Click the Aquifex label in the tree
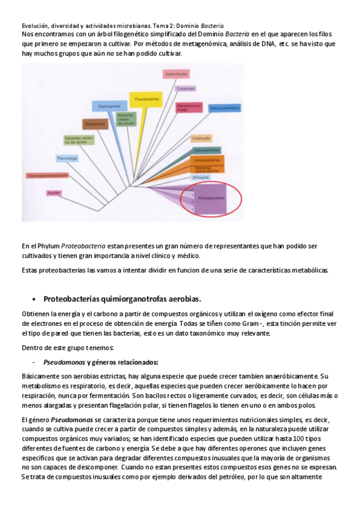(54, 193)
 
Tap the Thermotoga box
(67, 159)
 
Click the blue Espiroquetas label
(109, 106)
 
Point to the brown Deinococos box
(95, 124)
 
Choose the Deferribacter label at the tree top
(174, 73)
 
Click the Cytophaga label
(185, 88)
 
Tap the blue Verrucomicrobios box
(224, 108)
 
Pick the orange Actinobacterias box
(207, 160)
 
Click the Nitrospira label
(200, 177)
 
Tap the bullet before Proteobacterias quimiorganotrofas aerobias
(34, 299)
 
